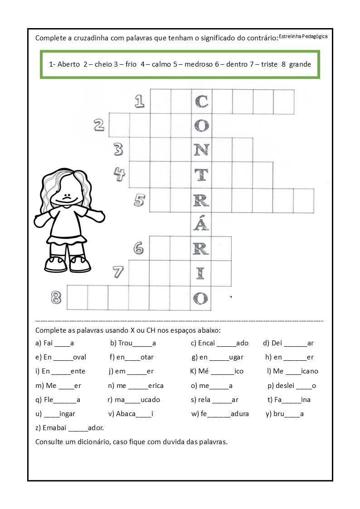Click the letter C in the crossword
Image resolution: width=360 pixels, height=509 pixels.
click(x=201, y=101)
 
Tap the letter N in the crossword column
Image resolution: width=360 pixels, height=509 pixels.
click(x=201, y=149)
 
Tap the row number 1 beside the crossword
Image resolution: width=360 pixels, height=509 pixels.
click(x=140, y=102)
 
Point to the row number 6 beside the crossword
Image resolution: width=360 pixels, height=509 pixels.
click(x=139, y=248)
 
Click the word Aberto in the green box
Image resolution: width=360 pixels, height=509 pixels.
click(x=69, y=64)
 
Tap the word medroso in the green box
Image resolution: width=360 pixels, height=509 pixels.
click(x=196, y=64)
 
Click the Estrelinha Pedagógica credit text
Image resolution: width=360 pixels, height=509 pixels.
click(x=303, y=36)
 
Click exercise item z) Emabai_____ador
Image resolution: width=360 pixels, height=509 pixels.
click(x=69, y=427)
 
